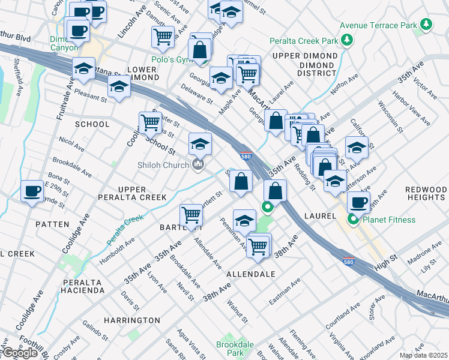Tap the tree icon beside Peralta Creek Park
[x=346, y=40]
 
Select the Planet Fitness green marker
[x=354, y=220]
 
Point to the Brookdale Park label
[x=235, y=349]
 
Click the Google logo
[x=20, y=353]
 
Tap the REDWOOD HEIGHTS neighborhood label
[x=427, y=193]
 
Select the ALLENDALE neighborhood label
[x=250, y=274]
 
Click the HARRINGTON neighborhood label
[x=131, y=320]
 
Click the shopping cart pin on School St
[x=150, y=122]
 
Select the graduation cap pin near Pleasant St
[x=119, y=87]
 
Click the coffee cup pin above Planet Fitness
[x=358, y=202]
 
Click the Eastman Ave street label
[x=285, y=292]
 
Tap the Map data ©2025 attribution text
[x=423, y=355]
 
